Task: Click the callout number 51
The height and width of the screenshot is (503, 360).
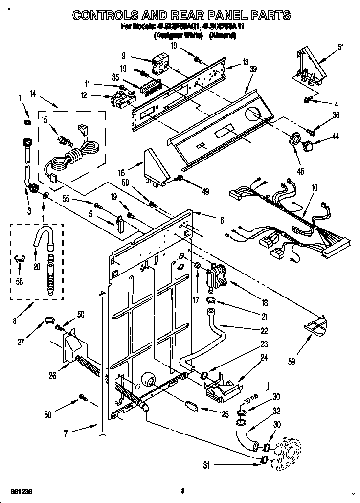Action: (x=340, y=47)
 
